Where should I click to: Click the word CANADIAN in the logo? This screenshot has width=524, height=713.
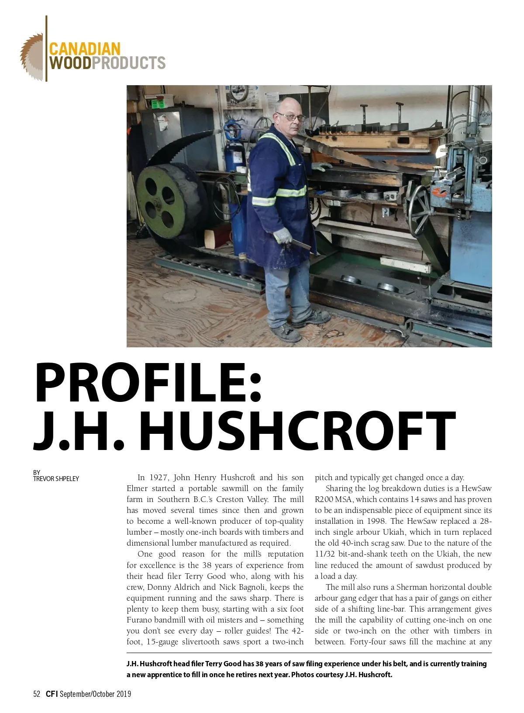coord(84,48)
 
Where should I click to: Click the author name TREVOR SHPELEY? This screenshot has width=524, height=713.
coord(56,479)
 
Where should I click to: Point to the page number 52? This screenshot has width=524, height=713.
coord(37,694)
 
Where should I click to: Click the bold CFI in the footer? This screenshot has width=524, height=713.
coord(52,694)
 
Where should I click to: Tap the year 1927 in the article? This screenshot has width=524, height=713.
coord(159,478)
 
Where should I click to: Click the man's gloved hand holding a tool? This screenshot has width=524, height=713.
coord(283,236)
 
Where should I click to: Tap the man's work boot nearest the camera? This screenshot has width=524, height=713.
coord(286,333)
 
